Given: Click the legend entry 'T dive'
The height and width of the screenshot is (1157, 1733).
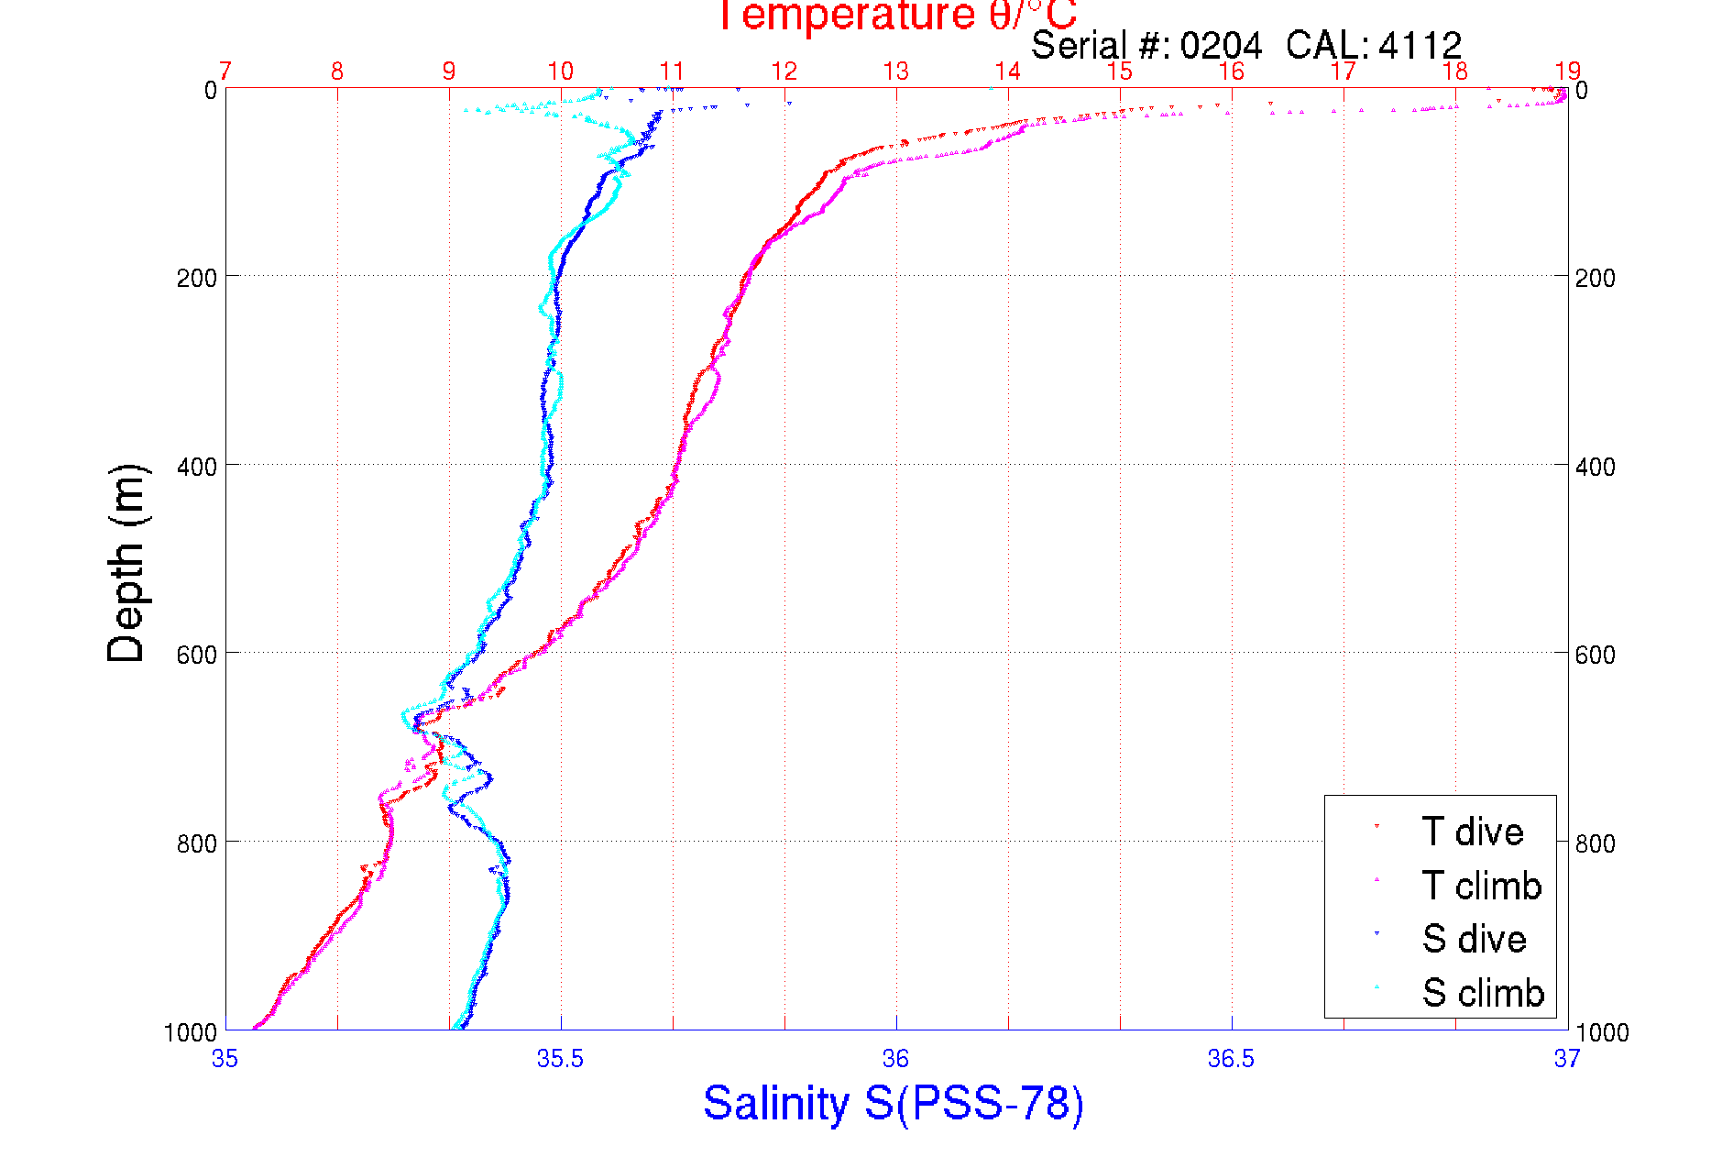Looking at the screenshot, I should (1472, 832).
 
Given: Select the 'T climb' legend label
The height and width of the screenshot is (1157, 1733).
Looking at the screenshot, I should (1481, 886).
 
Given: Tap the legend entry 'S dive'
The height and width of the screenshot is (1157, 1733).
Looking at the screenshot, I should (1474, 939).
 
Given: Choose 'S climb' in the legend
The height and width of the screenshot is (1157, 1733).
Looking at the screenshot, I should (1483, 993).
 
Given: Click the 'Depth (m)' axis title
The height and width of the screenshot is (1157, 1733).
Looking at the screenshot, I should (126, 563).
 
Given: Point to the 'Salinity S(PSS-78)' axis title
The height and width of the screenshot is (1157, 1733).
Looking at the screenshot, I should (894, 1103).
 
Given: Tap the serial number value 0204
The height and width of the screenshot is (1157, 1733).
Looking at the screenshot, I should (1221, 45).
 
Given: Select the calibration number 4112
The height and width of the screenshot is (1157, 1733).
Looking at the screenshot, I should (1420, 45).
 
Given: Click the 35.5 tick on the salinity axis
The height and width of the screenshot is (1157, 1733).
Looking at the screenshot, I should (560, 1059).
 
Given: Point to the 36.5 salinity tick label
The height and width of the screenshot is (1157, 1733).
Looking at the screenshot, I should (1231, 1059).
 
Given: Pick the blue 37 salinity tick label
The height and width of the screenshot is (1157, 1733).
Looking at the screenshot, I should (1566, 1059).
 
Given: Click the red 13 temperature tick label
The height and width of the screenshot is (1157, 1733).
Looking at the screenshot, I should (895, 72).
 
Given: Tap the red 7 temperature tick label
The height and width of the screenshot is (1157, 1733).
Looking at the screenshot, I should (225, 72).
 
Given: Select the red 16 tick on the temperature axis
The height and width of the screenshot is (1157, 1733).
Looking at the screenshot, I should (1231, 72).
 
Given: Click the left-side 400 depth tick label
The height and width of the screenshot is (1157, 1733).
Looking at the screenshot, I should (196, 467).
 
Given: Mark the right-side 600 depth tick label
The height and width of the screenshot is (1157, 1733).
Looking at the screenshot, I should (1595, 655).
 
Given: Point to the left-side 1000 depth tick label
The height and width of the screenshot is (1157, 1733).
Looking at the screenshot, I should (191, 1032).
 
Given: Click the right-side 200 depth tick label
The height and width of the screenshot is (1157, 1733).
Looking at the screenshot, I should (1595, 278).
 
